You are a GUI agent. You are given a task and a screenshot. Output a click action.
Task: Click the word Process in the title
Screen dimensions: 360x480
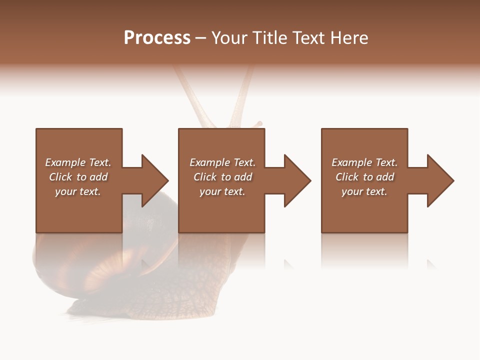click(x=157, y=38)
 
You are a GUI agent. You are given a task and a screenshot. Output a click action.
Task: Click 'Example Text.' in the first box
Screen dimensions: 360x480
click(x=78, y=162)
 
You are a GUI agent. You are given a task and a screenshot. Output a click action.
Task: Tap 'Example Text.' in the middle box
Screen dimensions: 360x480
click(x=222, y=162)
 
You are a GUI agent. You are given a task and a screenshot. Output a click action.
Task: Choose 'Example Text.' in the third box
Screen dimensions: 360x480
click(x=364, y=162)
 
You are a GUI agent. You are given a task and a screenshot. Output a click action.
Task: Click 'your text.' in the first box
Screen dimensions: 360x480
click(x=78, y=191)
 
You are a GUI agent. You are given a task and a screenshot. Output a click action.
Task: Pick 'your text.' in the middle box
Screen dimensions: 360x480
click(x=222, y=191)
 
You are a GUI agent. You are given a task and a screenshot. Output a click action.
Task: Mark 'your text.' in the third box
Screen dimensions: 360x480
click(x=364, y=191)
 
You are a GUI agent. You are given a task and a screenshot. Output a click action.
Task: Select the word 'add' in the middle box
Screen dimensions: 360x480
click(x=243, y=177)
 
